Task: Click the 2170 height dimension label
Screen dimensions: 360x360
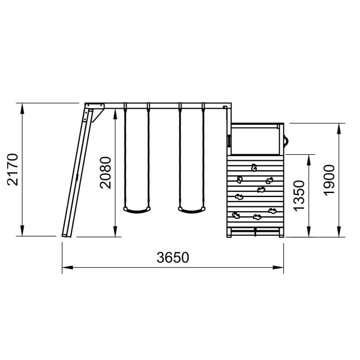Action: coord(13,170)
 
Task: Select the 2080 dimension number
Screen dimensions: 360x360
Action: coord(105,173)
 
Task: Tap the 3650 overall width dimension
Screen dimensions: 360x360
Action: coord(173,257)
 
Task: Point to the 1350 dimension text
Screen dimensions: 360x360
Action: coord(299,196)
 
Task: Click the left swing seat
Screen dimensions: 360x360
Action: coord(137,210)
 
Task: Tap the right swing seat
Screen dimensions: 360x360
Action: coord(192,210)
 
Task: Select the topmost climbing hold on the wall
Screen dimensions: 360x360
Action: coord(254,167)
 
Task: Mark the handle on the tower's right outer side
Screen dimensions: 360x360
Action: coord(286,141)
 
